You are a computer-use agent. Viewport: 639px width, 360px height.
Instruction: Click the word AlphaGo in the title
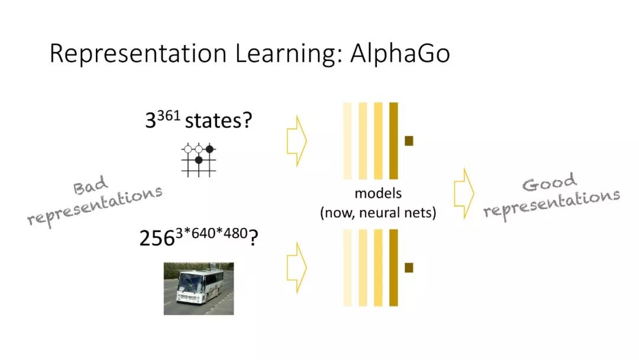click(x=400, y=53)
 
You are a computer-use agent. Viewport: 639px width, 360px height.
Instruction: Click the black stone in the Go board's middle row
click(x=199, y=160)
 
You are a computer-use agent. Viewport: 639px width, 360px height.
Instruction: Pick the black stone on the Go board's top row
click(x=209, y=149)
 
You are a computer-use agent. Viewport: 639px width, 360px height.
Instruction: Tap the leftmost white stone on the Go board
click(x=188, y=149)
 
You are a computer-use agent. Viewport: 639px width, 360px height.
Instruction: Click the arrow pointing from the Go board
click(x=296, y=141)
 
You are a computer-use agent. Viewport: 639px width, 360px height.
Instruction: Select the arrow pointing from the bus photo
click(x=296, y=267)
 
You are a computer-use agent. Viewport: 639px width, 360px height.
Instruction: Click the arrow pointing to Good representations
click(x=464, y=193)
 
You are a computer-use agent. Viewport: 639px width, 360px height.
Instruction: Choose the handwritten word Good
click(x=549, y=183)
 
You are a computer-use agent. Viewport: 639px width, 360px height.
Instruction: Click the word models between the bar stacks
click(x=378, y=194)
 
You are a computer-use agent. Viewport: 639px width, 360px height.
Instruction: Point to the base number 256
click(x=158, y=238)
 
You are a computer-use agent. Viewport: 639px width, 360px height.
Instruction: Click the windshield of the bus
click(x=189, y=281)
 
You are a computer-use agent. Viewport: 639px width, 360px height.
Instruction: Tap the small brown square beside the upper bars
click(x=409, y=141)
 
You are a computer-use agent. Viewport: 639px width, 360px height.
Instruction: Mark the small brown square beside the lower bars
click(x=409, y=268)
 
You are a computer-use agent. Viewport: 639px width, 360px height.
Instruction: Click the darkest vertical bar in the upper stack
click(x=393, y=141)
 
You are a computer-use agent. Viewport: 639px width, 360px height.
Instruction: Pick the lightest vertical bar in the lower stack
click(x=347, y=268)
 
